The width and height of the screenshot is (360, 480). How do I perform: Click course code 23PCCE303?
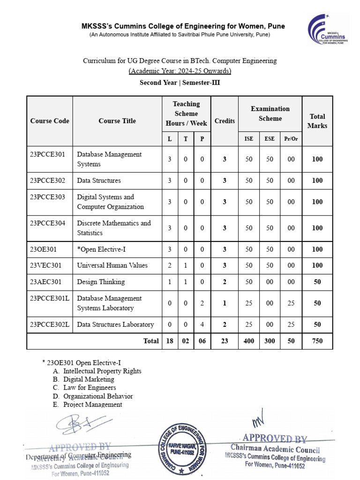pyautogui.click(x=48, y=197)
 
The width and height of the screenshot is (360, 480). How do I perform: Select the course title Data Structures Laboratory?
pyautogui.click(x=115, y=324)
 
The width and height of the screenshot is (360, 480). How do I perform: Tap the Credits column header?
pyautogui.click(x=225, y=121)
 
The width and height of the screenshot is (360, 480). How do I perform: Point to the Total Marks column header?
pyautogui.click(x=317, y=121)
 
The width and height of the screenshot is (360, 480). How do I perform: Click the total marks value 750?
pyautogui.click(x=317, y=341)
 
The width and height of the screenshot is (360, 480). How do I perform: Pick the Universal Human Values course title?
pyautogui.click(x=112, y=265)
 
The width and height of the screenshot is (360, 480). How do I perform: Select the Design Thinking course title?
pyautogui.click(x=101, y=282)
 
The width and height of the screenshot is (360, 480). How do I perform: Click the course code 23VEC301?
pyautogui.click(x=45, y=265)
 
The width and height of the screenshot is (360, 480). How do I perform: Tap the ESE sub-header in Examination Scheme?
pyautogui.click(x=270, y=139)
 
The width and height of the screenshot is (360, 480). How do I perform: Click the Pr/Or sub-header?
pyautogui.click(x=291, y=139)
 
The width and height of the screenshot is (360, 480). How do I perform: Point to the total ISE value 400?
pyautogui.click(x=248, y=341)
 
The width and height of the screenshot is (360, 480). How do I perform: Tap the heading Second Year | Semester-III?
pyautogui.click(x=180, y=83)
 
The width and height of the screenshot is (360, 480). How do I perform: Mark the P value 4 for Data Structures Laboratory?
pyautogui.click(x=202, y=324)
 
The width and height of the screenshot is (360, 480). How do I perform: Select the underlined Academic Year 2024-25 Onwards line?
pyautogui.click(x=180, y=71)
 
